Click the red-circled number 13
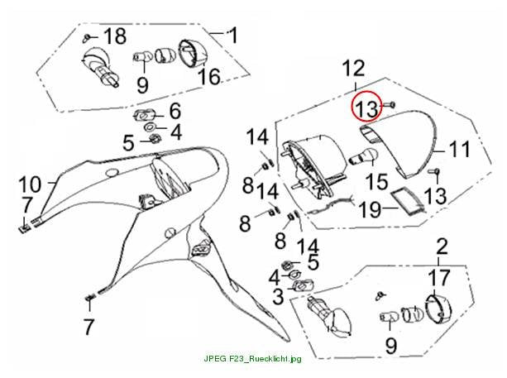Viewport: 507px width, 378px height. click(x=367, y=108)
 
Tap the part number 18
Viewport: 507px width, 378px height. click(x=115, y=36)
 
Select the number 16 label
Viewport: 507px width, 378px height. click(x=209, y=77)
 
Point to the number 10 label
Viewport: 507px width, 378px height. click(x=30, y=184)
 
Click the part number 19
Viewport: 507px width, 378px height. click(x=371, y=209)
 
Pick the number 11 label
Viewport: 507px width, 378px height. click(x=459, y=149)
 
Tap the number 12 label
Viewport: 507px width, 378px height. click(x=354, y=68)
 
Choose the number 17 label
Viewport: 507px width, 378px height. click(x=439, y=277)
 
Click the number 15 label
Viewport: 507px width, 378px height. click(x=376, y=181)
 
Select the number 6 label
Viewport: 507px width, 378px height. click(x=175, y=111)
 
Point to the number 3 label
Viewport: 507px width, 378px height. click(x=278, y=296)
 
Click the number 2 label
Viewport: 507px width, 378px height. click(x=442, y=246)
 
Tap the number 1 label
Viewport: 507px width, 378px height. click(x=232, y=36)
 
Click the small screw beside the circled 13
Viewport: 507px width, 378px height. click(x=390, y=104)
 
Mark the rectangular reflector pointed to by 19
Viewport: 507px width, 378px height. click(x=407, y=203)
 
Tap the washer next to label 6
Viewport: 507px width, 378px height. click(x=145, y=115)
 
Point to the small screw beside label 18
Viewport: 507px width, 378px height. click(x=86, y=38)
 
